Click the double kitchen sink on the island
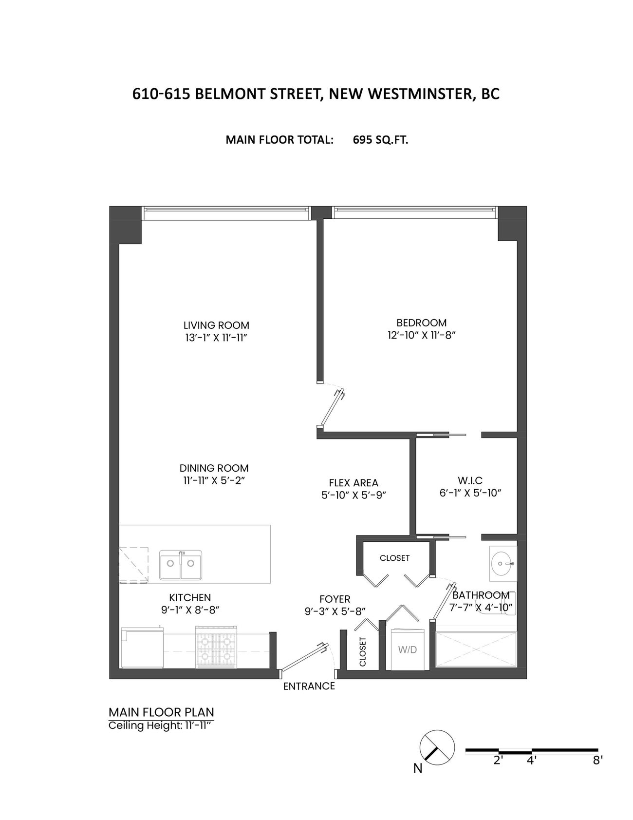(x=181, y=565)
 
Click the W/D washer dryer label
(x=408, y=650)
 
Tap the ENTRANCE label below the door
(x=309, y=686)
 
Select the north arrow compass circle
(x=437, y=747)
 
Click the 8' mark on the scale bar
(x=598, y=760)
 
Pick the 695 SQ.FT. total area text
(x=380, y=140)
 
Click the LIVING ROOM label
(x=216, y=325)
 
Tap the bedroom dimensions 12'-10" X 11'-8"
(x=421, y=335)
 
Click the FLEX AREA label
(x=353, y=483)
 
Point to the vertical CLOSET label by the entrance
(x=363, y=652)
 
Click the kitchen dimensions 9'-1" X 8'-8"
(x=190, y=610)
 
